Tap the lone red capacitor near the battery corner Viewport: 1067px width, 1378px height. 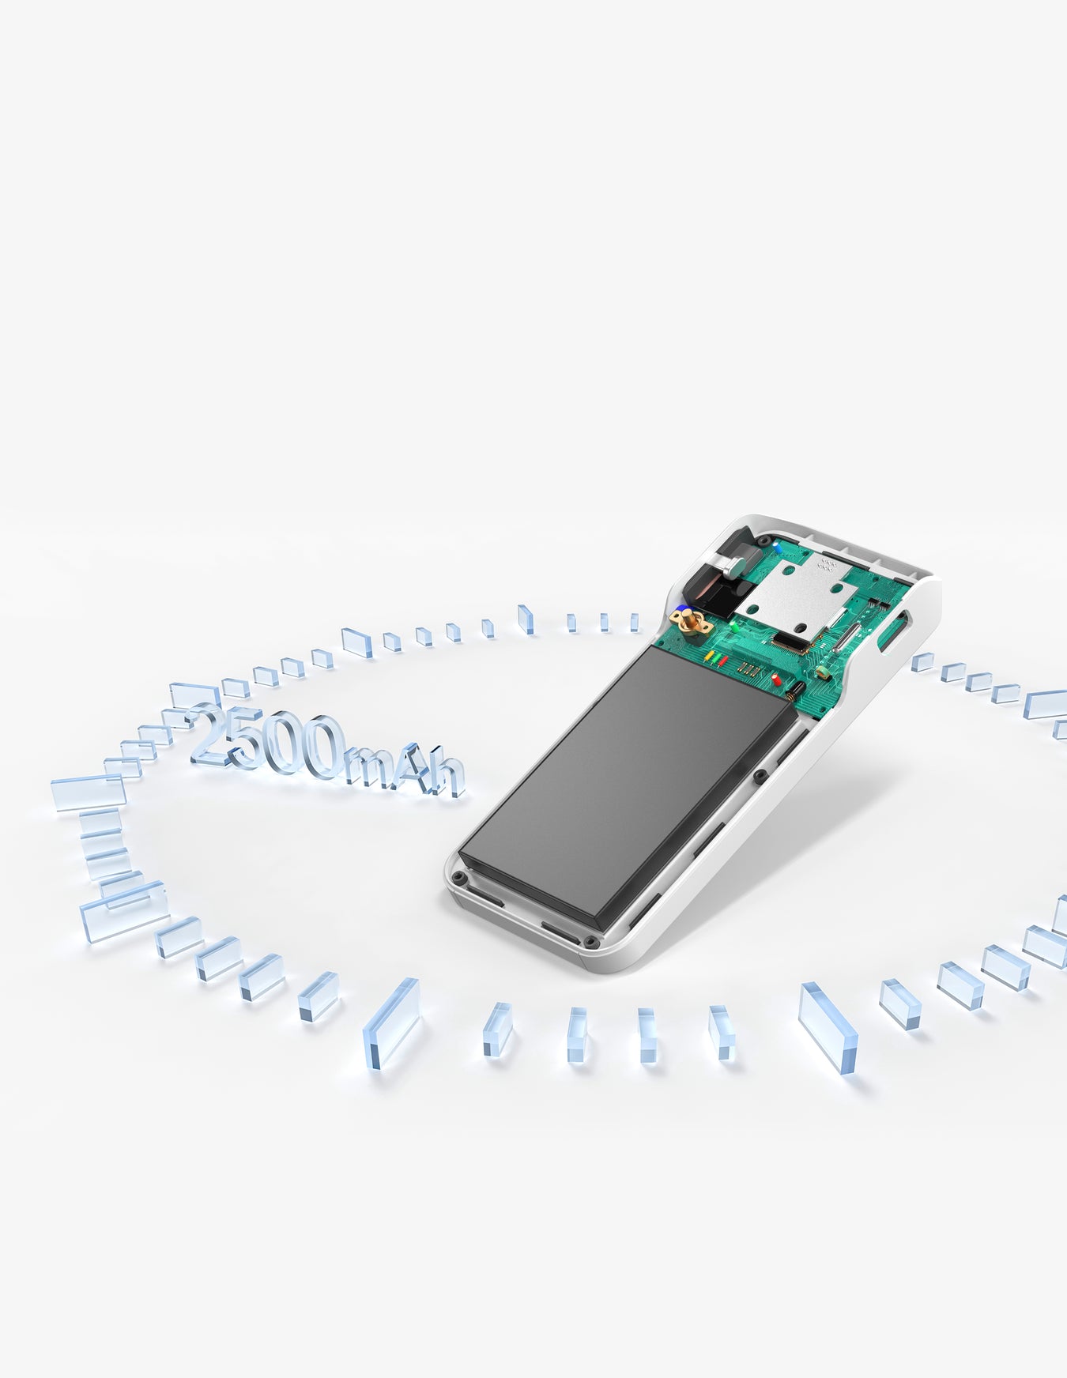point(777,680)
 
